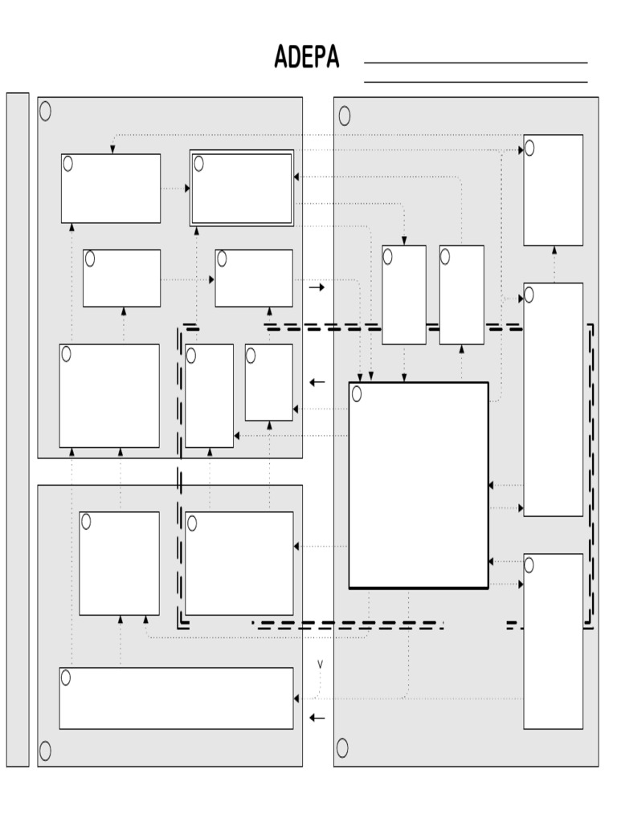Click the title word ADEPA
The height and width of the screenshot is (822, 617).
(x=307, y=57)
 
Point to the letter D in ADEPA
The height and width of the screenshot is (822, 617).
(x=294, y=57)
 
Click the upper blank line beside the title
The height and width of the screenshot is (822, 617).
(x=476, y=63)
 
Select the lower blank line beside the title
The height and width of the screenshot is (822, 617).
(x=476, y=82)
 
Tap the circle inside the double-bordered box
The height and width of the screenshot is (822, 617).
(x=199, y=164)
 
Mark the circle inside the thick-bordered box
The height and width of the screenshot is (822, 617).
(x=357, y=393)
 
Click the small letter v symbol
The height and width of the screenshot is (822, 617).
(x=320, y=664)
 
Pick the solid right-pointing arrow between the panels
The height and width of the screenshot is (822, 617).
(x=317, y=287)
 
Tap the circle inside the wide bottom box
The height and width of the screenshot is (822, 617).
(x=66, y=678)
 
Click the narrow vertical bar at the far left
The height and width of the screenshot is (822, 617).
(x=18, y=430)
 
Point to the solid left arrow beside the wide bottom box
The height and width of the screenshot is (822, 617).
(x=317, y=718)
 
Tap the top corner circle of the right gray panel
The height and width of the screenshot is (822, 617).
(x=345, y=116)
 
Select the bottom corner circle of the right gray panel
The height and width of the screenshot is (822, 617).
(x=342, y=748)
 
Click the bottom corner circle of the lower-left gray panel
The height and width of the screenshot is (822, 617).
(x=46, y=751)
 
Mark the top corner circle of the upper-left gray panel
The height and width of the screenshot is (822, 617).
(x=46, y=111)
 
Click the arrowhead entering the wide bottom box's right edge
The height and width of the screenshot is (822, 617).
(x=296, y=699)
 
